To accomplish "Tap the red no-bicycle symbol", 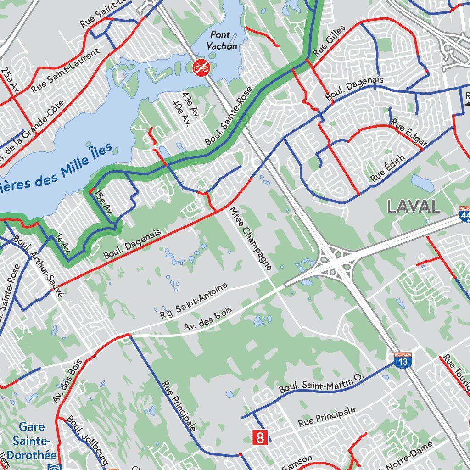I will point(201,67).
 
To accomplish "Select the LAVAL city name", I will point(414,207).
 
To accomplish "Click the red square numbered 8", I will point(260,437).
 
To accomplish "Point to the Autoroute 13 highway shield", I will point(403,360).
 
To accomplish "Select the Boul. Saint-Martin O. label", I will point(321,382).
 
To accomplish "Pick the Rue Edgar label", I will point(408,134).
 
